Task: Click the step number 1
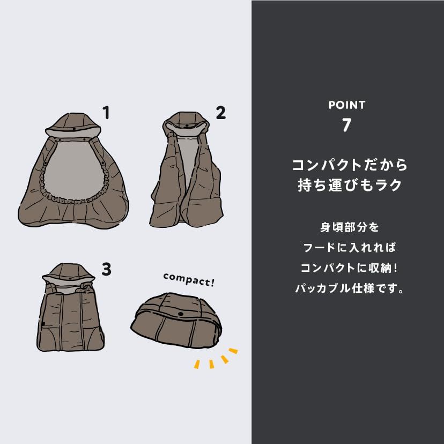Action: tap(106, 113)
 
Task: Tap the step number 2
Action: tap(220, 113)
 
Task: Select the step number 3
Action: tap(106, 270)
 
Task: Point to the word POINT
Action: tap(347, 105)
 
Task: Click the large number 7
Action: tap(346, 125)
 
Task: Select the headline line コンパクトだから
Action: tap(346, 164)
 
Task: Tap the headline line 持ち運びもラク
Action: tap(346, 186)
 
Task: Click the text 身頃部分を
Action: tap(346, 227)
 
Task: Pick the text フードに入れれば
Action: tap(346, 248)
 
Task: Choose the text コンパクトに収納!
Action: tap(346, 269)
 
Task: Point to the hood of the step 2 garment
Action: tap(187, 121)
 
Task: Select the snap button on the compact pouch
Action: tap(180, 314)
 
